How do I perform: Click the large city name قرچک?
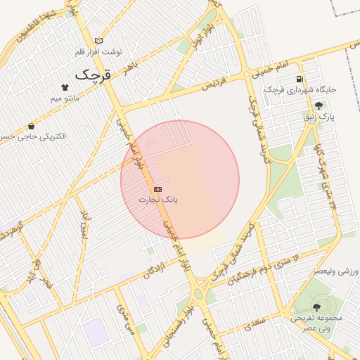coord(94,73)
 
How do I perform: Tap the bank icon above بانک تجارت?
coord(157,189)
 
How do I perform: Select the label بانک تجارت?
coord(157,200)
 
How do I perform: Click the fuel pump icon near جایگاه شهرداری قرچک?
coord(301,79)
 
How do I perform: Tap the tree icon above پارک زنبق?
coord(319,106)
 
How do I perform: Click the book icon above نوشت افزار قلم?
coord(98,41)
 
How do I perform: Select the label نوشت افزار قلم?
coord(98,52)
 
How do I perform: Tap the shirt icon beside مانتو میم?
coord(66,87)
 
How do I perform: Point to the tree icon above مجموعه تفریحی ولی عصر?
coord(316,307)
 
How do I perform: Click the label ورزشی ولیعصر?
coord(334,271)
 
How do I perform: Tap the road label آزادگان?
coord(158,269)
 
